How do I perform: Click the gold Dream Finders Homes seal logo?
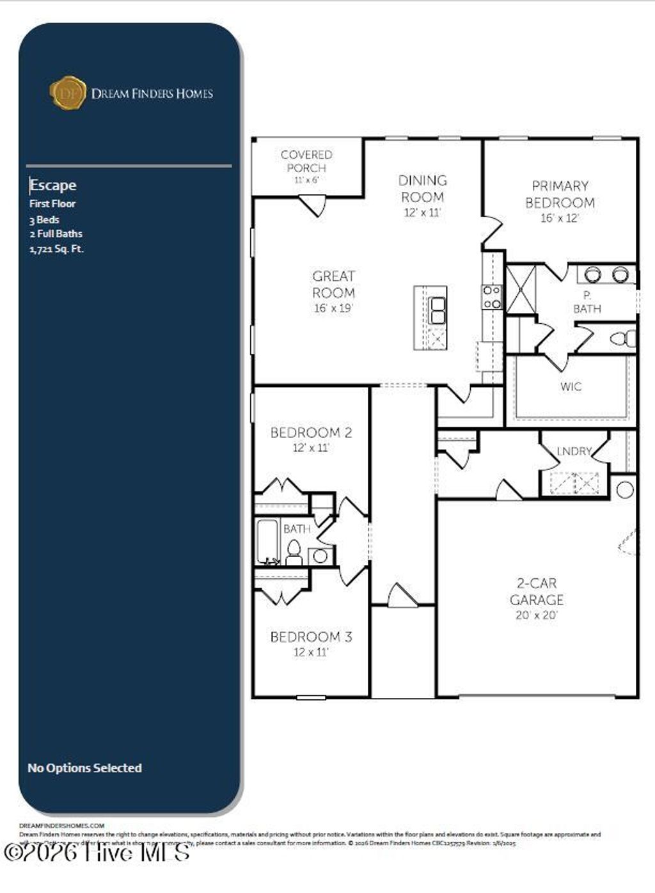(x=68, y=93)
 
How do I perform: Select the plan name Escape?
(x=53, y=186)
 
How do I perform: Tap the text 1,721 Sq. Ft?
(x=56, y=249)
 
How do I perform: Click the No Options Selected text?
(x=84, y=768)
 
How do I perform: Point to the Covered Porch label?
(x=306, y=161)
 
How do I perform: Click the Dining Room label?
(x=422, y=189)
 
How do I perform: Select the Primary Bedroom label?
(x=560, y=194)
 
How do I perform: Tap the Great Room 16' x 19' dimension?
(x=333, y=308)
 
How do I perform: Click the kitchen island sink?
(x=438, y=311)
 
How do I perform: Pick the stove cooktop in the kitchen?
(x=492, y=297)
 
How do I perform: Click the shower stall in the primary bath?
(x=521, y=290)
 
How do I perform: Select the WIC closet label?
(x=571, y=386)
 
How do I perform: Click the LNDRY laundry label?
(x=574, y=452)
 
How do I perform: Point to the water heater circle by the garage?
(x=625, y=490)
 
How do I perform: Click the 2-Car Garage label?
(x=537, y=592)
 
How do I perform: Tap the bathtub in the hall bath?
(x=267, y=542)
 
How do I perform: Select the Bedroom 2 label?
(x=311, y=432)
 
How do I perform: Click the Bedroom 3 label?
(x=311, y=637)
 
